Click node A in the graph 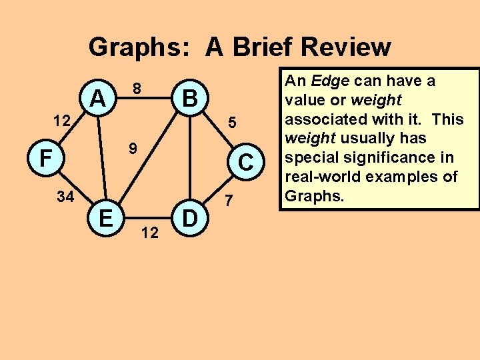pos(98,99)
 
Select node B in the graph pos(190,99)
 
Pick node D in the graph pos(190,217)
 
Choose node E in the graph pos(105,217)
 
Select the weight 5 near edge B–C pos(231,123)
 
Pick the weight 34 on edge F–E pos(65,197)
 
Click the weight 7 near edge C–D pos(229,201)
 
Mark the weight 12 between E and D pos(150,233)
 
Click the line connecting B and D pos(190,160)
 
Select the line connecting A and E pos(102,160)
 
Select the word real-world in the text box pos(320,177)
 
